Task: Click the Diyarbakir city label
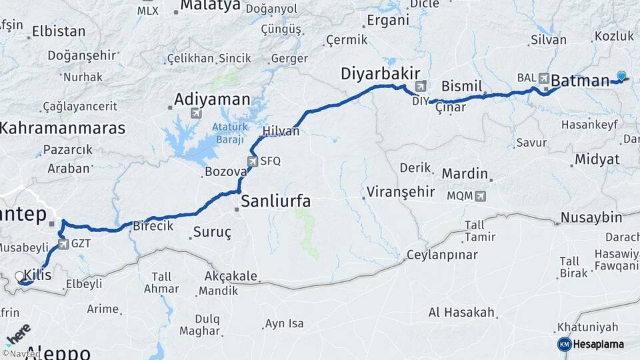coord(379,73)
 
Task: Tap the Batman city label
coord(580,81)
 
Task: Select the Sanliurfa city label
coord(275,201)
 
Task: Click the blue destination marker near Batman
coord(621,76)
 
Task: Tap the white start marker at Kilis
coord(19,275)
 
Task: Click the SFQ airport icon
coord(253,161)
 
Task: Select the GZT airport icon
coord(63,244)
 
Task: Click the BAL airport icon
coord(544,78)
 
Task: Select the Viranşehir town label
coord(400,193)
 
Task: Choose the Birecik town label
coord(153,226)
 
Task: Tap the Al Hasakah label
coord(461,312)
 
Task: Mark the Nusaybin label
coord(591,217)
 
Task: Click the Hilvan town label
coord(281,131)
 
